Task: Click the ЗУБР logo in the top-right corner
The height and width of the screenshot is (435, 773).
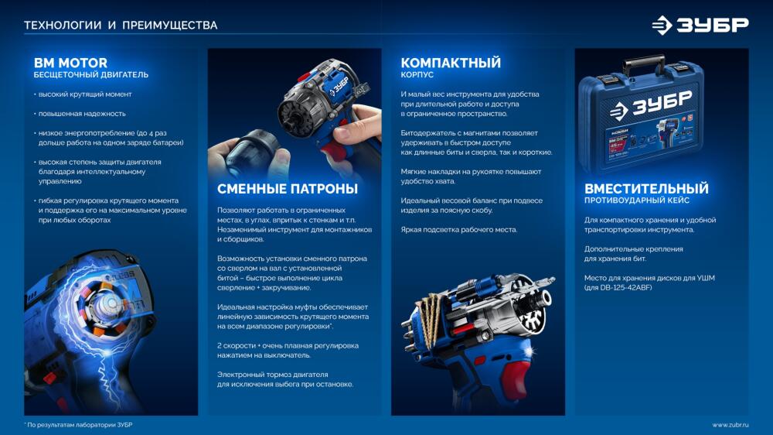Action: pyautogui.click(x=700, y=25)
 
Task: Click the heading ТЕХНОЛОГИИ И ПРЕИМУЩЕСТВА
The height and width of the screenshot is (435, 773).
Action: pyautogui.click(x=121, y=26)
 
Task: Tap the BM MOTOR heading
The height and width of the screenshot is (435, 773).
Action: pyautogui.click(x=70, y=63)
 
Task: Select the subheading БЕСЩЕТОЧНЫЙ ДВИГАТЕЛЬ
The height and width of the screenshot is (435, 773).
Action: pyautogui.click(x=90, y=74)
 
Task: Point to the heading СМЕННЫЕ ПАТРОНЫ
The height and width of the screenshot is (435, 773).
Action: pyautogui.click(x=288, y=189)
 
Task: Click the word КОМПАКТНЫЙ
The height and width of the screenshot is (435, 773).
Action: pyautogui.click(x=451, y=63)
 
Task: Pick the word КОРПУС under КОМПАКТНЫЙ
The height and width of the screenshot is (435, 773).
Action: pyautogui.click(x=417, y=74)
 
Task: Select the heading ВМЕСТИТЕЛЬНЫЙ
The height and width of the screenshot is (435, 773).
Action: pyautogui.click(x=646, y=188)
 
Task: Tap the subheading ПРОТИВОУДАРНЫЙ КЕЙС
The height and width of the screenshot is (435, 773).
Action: pyautogui.click(x=637, y=200)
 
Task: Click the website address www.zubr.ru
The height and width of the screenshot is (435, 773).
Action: pyautogui.click(x=730, y=425)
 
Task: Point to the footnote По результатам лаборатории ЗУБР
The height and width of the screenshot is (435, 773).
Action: pyautogui.click(x=80, y=425)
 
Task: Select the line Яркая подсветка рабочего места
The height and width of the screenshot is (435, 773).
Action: pyautogui.click(x=459, y=230)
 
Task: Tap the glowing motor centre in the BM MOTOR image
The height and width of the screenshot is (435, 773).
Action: pyautogui.click(x=111, y=302)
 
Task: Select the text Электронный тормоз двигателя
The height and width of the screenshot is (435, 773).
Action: pyautogui.click(x=273, y=375)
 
